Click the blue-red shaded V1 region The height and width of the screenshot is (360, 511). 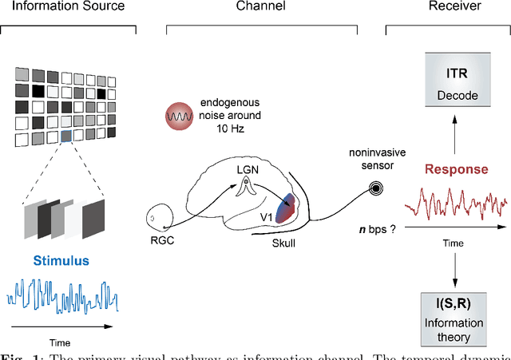[x=284, y=202]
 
